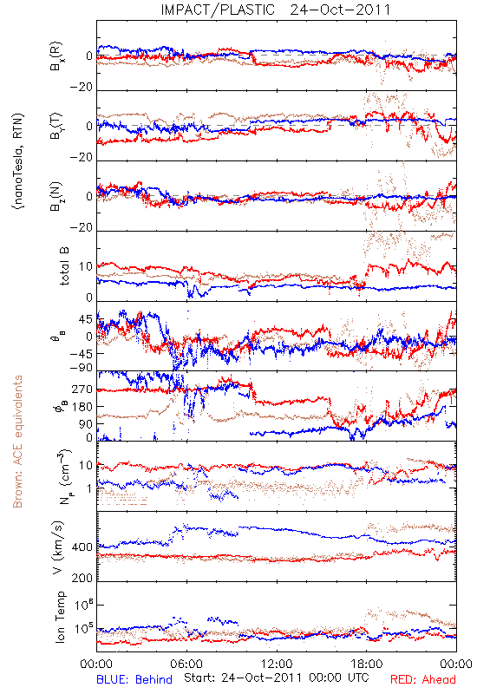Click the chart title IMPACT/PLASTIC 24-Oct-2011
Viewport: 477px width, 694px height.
[x=276, y=10]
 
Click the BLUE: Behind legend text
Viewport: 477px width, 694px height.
[x=134, y=679]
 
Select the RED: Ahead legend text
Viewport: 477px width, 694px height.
[x=422, y=679]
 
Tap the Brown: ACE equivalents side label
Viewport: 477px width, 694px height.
[x=17, y=442]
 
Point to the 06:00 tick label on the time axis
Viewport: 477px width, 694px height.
[x=186, y=664]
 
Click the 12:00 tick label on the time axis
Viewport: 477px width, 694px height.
[x=277, y=664]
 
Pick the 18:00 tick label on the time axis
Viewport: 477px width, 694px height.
[x=366, y=664]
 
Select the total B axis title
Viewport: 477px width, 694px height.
[x=64, y=266]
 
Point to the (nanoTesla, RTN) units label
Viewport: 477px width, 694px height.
[x=18, y=161]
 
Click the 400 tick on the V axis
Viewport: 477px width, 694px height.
[x=82, y=547]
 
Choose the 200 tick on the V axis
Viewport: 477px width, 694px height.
[x=82, y=578]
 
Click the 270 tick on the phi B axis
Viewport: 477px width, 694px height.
[x=82, y=390]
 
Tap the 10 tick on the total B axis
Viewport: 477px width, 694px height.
[x=86, y=267]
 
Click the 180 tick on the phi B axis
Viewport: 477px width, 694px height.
[x=82, y=407]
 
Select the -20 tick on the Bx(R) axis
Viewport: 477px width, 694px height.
[x=81, y=88]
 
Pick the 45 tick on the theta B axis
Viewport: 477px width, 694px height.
[x=86, y=319]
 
